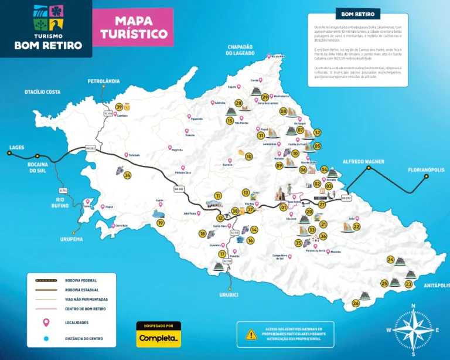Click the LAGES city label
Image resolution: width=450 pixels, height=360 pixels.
[x=16, y=147]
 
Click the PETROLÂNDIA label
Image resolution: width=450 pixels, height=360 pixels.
[x=104, y=81]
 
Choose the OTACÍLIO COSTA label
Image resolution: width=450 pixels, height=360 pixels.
[x=42, y=92]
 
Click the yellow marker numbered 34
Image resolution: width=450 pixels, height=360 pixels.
[x=127, y=175]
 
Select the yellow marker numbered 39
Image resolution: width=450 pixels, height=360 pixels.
[x=119, y=107]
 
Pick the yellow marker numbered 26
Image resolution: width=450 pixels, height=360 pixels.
[x=356, y=303]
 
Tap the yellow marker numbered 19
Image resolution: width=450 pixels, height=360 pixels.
[x=160, y=223]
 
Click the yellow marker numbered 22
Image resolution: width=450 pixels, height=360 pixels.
[x=356, y=226]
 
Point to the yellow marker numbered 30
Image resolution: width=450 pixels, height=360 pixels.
[x=248, y=157]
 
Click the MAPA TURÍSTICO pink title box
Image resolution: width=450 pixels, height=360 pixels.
[x=134, y=27]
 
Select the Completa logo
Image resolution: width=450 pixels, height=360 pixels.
[x=158, y=338]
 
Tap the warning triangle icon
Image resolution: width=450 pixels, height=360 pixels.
[x=251, y=335]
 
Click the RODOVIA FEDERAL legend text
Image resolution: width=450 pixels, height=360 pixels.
[x=81, y=280]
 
